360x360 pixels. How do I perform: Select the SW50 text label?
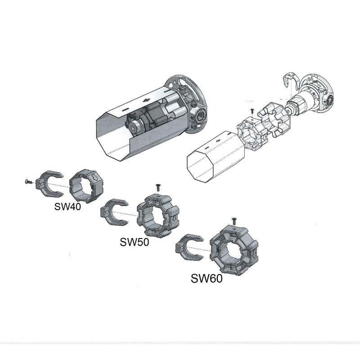tap(135, 242)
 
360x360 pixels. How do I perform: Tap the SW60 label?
tap(207, 278)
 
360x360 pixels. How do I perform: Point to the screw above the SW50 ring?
tap(158, 186)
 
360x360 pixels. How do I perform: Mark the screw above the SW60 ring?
tap(234, 221)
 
